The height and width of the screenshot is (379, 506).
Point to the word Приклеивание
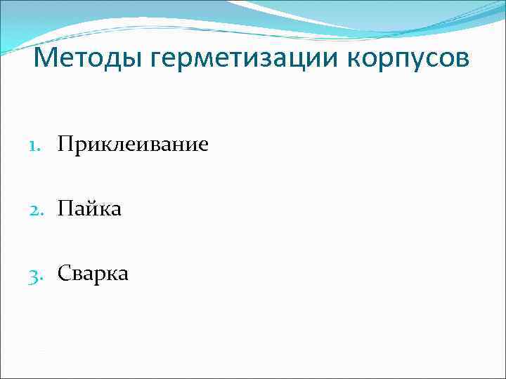133,145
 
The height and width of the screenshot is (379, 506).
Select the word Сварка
93,273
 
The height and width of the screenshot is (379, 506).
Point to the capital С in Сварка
64,273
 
